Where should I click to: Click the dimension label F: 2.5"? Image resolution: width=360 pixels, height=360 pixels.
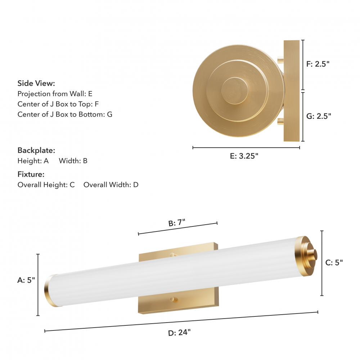(x=318, y=64)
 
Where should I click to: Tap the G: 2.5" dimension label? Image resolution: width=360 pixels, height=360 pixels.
(x=319, y=116)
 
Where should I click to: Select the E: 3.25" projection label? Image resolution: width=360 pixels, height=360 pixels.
(x=244, y=156)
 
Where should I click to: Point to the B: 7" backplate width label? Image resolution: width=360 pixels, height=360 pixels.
(x=176, y=223)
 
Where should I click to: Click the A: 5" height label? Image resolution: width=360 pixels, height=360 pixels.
(x=26, y=280)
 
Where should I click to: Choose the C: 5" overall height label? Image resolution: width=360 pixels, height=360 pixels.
(x=334, y=262)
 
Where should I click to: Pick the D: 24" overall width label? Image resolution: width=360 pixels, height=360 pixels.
(x=179, y=332)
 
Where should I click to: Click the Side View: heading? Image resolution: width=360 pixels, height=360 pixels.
(x=36, y=83)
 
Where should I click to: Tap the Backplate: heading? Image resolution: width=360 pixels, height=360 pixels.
(x=36, y=150)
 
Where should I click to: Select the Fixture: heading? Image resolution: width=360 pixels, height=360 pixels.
(x=31, y=174)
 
